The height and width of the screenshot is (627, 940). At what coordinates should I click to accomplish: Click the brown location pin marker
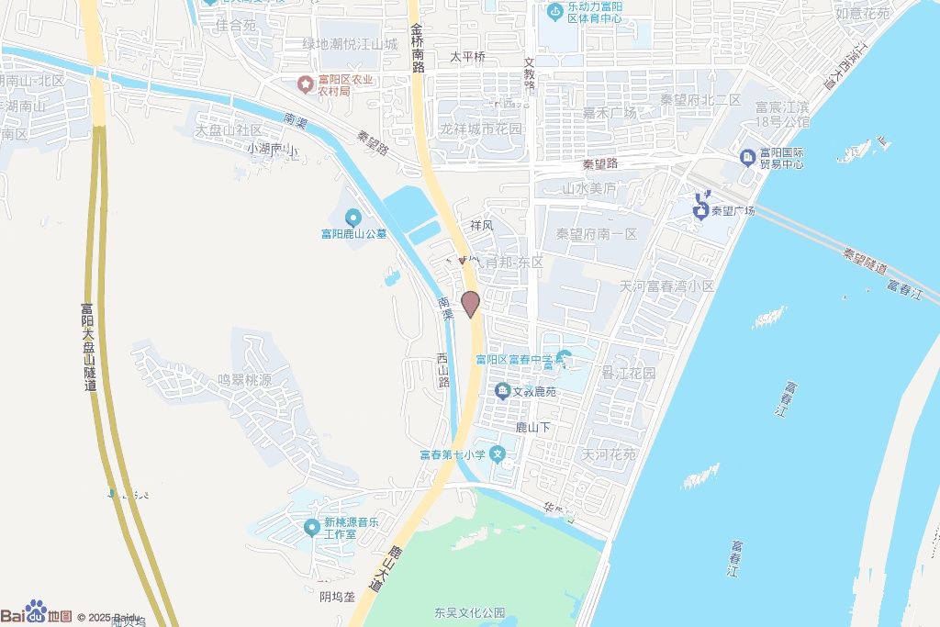tap(470, 303)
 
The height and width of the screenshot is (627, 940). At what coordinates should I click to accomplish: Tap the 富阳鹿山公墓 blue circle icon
tap(352, 218)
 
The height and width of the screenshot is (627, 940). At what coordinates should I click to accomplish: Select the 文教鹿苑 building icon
tap(503, 392)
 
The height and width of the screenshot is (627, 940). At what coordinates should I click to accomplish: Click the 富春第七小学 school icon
tap(498, 453)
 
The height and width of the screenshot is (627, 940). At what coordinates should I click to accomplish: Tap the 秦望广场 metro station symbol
tap(702, 210)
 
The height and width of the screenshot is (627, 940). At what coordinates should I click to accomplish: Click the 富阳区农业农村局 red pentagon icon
tap(304, 85)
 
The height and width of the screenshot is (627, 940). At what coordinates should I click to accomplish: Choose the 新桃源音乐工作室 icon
tap(311, 528)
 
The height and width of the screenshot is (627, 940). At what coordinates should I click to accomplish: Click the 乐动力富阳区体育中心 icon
tap(554, 12)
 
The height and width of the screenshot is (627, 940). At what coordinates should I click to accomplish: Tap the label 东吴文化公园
tap(470, 612)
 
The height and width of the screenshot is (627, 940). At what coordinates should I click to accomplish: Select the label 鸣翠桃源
tap(244, 379)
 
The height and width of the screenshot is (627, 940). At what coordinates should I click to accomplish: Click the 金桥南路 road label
tap(418, 48)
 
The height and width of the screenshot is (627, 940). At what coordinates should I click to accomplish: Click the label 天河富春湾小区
tap(666, 286)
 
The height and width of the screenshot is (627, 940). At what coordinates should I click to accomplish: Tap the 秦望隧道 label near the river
tap(865, 262)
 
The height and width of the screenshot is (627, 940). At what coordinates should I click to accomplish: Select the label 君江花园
tap(628, 374)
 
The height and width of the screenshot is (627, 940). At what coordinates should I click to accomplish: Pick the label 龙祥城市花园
tap(480, 129)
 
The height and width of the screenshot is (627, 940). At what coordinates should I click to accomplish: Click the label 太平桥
tap(467, 57)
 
